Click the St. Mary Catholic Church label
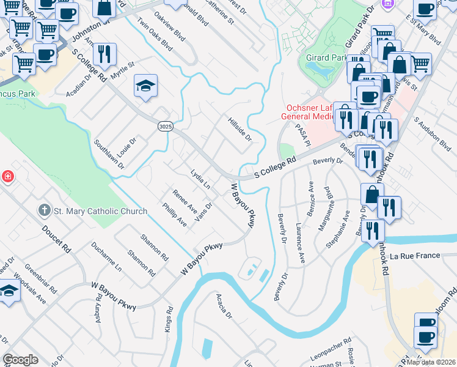tap(100, 212)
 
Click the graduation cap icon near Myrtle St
tap(145, 86)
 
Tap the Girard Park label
tap(326, 58)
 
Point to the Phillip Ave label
tap(174, 215)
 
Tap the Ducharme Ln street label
tap(106, 259)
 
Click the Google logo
tap(20, 360)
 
